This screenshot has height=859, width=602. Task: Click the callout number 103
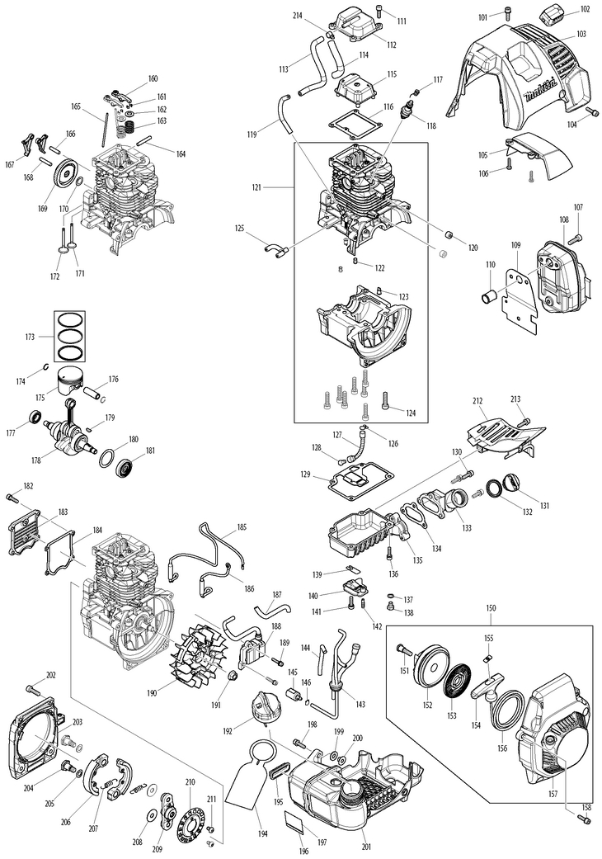tap(581, 34)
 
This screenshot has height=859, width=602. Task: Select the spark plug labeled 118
tap(405, 111)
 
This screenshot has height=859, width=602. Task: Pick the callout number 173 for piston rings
tap(31, 337)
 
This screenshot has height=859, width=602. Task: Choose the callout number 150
tap(491, 608)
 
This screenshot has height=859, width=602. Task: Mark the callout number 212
tap(477, 401)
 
